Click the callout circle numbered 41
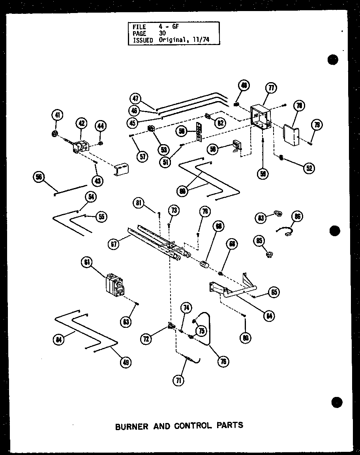click(x=58, y=116)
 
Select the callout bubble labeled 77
click(x=271, y=88)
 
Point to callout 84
click(x=59, y=339)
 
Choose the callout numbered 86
click(x=297, y=216)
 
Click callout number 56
click(x=39, y=178)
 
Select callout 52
click(x=308, y=167)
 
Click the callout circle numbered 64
click(x=270, y=316)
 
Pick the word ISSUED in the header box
click(x=143, y=40)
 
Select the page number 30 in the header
click(x=162, y=34)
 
